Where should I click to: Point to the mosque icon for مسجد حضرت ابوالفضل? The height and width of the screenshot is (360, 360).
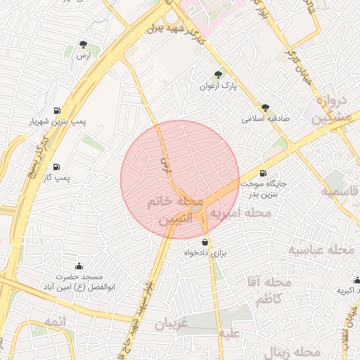[x=78, y=266]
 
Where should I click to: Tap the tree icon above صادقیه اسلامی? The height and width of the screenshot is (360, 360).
[x=265, y=108]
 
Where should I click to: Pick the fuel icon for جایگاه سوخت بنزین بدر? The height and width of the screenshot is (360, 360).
[x=263, y=173]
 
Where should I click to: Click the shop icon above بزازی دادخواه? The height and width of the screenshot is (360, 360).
[x=205, y=241]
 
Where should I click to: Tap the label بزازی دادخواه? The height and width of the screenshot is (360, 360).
[x=205, y=252]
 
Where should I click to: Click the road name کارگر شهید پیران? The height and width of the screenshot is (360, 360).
[x=179, y=30]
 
